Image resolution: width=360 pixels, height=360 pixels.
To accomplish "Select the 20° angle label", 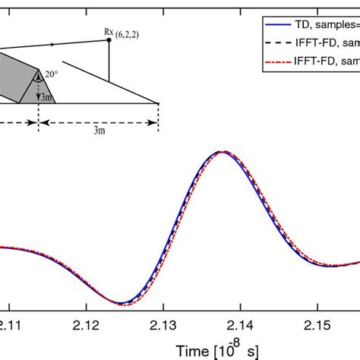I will click(x=49, y=74).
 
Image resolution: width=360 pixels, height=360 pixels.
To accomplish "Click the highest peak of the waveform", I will click(x=220, y=152).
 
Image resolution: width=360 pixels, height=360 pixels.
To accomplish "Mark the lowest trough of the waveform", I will click(x=120, y=303).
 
